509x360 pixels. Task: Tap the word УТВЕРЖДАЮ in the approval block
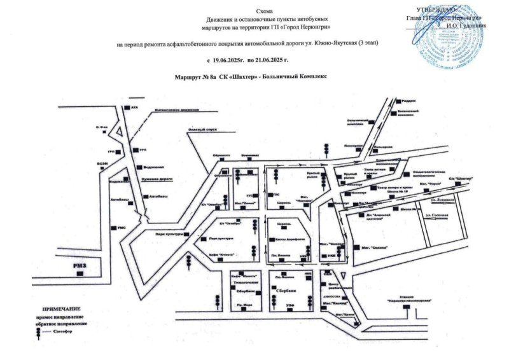click(436, 10)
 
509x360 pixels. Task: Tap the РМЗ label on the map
click(79, 263)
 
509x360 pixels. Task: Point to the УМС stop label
click(122, 227)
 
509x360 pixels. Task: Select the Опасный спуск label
click(203, 128)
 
